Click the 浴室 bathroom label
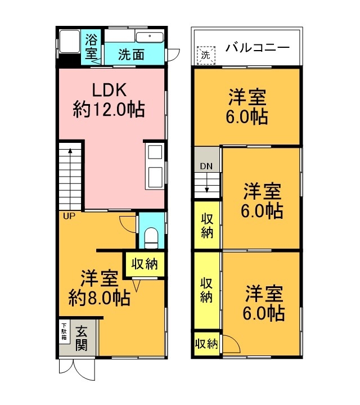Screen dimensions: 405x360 point(91,47)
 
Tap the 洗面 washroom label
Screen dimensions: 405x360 point(131,55)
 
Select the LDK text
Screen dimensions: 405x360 point(110,90)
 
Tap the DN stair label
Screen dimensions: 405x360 point(206,166)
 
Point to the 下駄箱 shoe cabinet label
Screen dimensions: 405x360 point(64,332)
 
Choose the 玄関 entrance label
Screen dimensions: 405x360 point(82,338)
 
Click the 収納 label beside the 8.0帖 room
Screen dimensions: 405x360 point(145,263)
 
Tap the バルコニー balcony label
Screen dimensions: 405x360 point(258,47)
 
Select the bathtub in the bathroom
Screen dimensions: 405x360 point(69,41)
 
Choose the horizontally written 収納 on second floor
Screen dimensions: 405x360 point(206,344)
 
